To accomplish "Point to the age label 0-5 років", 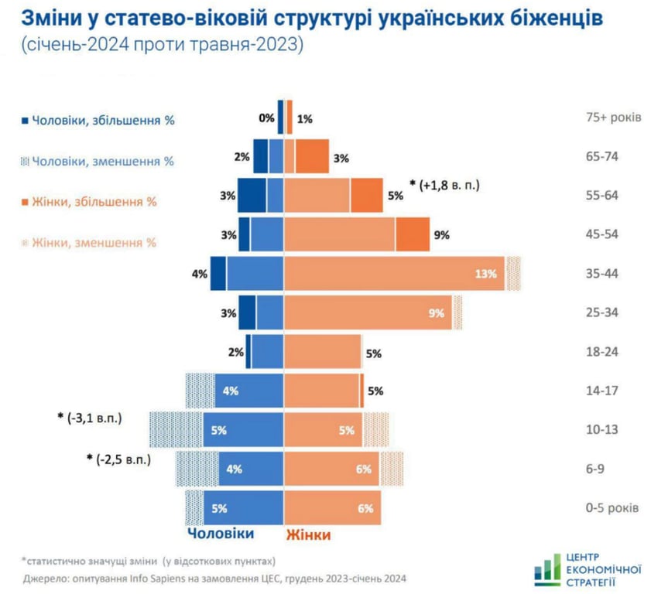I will [x=612, y=508].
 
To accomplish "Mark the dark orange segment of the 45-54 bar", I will [x=413, y=234].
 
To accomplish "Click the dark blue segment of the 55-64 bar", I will [x=252, y=195].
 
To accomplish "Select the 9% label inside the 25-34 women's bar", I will [x=436, y=313].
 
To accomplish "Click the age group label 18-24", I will [x=601, y=352].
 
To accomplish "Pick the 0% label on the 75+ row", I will [x=267, y=118].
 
